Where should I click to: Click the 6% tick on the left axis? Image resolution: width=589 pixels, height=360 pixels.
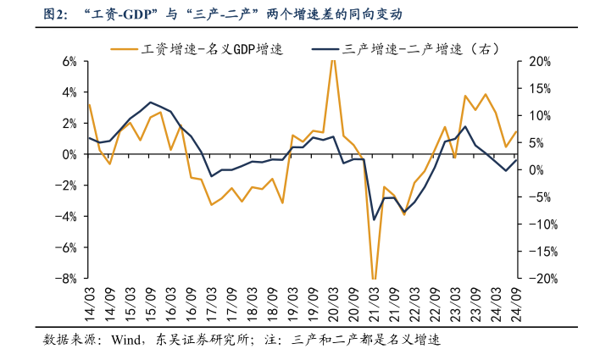(68, 62)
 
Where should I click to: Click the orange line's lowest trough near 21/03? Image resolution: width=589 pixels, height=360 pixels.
(374, 278)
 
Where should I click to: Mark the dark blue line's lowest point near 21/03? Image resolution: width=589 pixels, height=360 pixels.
(374, 219)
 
